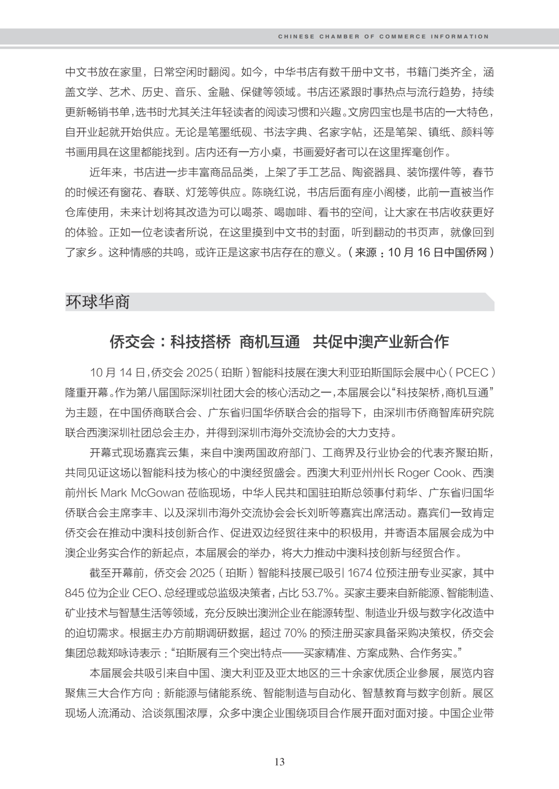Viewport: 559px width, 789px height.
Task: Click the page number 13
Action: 279,762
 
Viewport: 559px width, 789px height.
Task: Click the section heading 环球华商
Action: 97,302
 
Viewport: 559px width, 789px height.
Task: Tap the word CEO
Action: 148,592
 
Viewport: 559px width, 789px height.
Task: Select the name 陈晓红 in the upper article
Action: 268,192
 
